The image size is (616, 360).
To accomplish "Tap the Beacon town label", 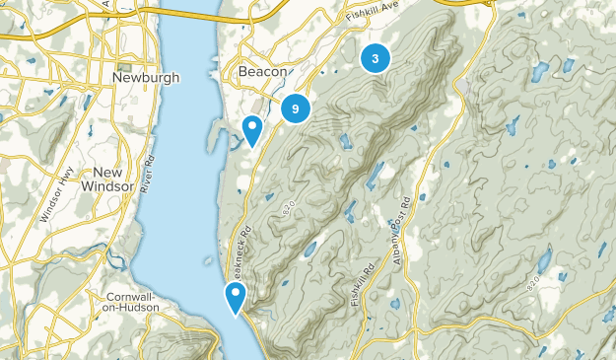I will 262,73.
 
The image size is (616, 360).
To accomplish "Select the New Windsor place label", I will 102,179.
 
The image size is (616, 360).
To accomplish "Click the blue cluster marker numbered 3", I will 375,58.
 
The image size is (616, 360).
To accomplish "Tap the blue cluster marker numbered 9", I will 296,108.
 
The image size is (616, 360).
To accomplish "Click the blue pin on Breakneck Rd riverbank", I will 236,297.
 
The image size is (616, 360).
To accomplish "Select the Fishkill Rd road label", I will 360,282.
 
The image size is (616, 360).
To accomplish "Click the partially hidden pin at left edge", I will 2,119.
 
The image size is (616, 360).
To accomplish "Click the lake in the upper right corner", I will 538,72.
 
